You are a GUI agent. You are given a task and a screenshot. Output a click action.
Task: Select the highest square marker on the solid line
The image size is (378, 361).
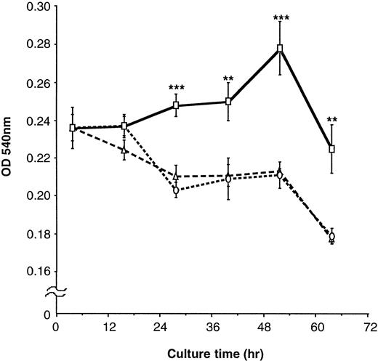(x=280, y=49)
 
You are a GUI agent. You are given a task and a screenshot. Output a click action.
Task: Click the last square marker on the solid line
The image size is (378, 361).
(x=332, y=149)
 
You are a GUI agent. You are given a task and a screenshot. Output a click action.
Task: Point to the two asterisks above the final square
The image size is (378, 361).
(x=332, y=120)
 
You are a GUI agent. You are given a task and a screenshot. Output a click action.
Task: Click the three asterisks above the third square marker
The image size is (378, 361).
(x=177, y=89)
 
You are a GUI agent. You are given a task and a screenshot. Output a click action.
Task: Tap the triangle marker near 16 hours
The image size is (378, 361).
(x=124, y=150)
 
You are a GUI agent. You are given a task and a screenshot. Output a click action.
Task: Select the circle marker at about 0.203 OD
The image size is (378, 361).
(x=177, y=190)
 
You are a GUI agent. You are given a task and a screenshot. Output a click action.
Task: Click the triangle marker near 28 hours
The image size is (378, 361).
(x=177, y=176)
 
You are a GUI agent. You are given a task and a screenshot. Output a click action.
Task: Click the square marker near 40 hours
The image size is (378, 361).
(x=228, y=102)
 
